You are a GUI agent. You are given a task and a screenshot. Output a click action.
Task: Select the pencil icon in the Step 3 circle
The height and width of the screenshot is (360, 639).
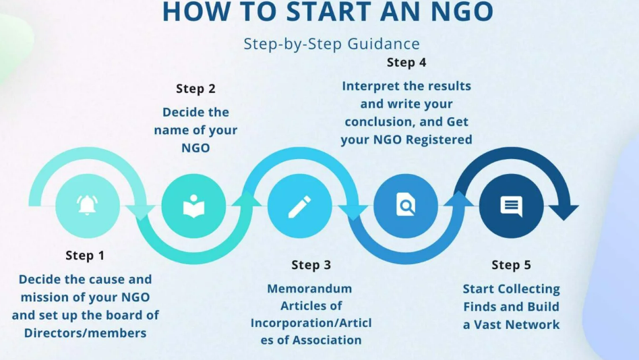point(299,206)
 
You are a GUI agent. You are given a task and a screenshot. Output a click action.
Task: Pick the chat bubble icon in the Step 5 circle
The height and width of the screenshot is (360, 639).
point(511,206)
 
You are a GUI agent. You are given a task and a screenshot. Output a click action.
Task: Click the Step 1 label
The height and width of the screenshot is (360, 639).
point(85,256)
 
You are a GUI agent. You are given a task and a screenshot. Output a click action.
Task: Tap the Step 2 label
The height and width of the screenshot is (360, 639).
point(195,88)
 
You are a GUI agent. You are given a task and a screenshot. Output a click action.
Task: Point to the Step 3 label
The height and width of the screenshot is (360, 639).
point(311,265)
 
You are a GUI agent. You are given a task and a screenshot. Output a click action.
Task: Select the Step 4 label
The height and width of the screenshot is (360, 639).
point(406,63)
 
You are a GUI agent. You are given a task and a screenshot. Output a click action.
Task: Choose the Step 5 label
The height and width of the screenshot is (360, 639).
point(511,265)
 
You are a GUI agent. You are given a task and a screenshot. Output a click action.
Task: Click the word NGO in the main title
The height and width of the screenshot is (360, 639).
point(457,11)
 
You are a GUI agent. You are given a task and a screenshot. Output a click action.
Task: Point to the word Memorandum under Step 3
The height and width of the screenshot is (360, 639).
point(309,289)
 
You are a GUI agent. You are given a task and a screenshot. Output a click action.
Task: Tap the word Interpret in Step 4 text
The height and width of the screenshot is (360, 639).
point(372,86)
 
